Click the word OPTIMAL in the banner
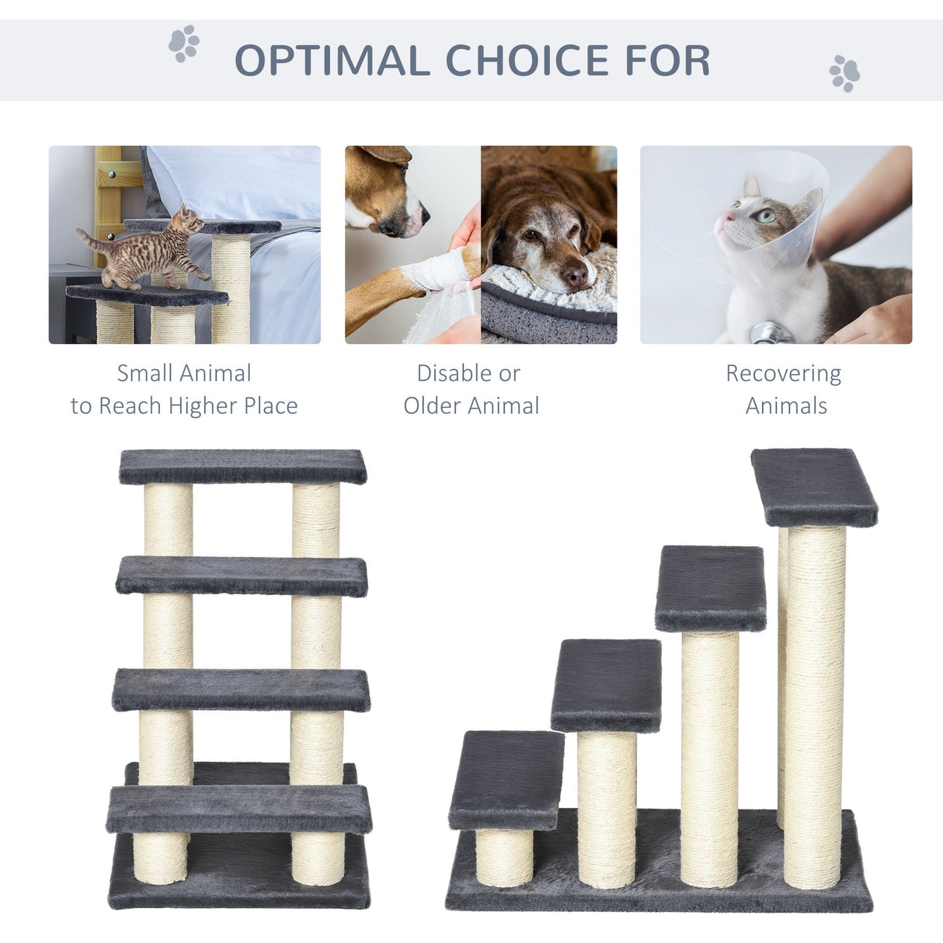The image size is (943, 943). (x=332, y=61)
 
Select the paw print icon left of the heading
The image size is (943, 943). (x=184, y=43)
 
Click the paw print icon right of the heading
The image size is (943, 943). (x=844, y=74)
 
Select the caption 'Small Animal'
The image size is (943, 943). (x=184, y=374)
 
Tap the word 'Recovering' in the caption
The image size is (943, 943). (x=783, y=374)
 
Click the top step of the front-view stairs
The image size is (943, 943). (x=242, y=466)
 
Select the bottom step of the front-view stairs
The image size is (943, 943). (x=239, y=809)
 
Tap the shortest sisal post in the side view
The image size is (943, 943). (x=505, y=858)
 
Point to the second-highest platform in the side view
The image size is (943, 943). (x=710, y=587)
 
